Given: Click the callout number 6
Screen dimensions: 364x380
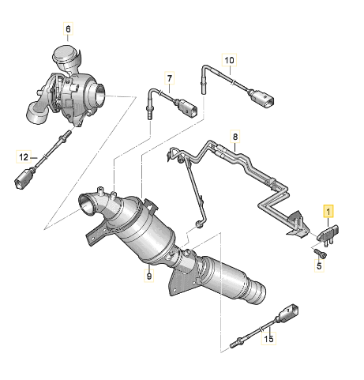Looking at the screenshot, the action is [x=68, y=29].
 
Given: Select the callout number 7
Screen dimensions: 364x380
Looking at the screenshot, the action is [x=170, y=78].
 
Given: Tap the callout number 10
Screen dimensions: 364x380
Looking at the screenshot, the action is [x=229, y=60].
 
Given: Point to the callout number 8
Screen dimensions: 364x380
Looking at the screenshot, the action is [x=235, y=137].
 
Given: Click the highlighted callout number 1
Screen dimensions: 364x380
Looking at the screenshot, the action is [x=328, y=211].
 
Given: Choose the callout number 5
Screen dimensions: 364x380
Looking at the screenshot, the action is [x=319, y=265].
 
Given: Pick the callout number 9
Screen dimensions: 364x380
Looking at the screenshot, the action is [x=149, y=276].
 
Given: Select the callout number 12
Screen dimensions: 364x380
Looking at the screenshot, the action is [x=24, y=157].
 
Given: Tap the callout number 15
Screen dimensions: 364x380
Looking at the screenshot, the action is [x=268, y=338].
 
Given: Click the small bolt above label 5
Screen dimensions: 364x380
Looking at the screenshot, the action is [x=321, y=253].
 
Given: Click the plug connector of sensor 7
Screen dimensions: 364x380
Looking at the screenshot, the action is [x=186, y=107].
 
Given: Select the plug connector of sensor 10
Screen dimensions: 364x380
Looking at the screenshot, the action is [x=263, y=99].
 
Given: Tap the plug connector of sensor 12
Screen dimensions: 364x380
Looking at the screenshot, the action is [x=24, y=179].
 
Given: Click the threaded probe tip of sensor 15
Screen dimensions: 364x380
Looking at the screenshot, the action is [x=235, y=343].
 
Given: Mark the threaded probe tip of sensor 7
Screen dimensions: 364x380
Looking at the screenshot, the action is [x=149, y=114].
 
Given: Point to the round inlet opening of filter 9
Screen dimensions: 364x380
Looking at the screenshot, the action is [x=88, y=204].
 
